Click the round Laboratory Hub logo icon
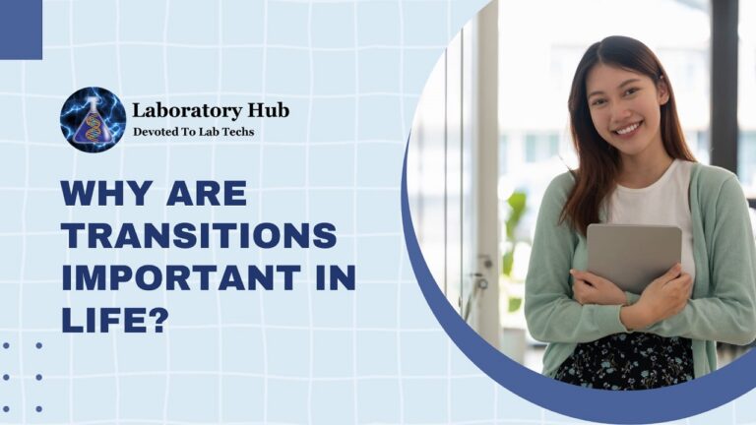click(x=93, y=119)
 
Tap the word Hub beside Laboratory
click(x=267, y=110)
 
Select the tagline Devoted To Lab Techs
click(x=193, y=132)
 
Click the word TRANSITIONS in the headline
click(x=199, y=235)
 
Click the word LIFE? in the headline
click(x=112, y=321)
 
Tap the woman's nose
click(x=624, y=110)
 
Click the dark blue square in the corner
click(x=21, y=29)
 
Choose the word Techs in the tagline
click(x=235, y=132)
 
